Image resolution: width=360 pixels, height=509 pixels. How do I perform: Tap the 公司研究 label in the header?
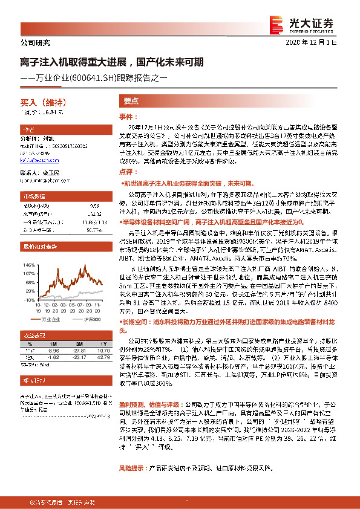31,42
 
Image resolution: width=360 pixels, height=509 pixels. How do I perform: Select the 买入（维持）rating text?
38,103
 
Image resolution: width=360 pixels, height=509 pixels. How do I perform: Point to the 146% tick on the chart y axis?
28,264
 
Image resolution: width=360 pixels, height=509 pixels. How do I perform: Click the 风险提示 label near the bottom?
133,468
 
